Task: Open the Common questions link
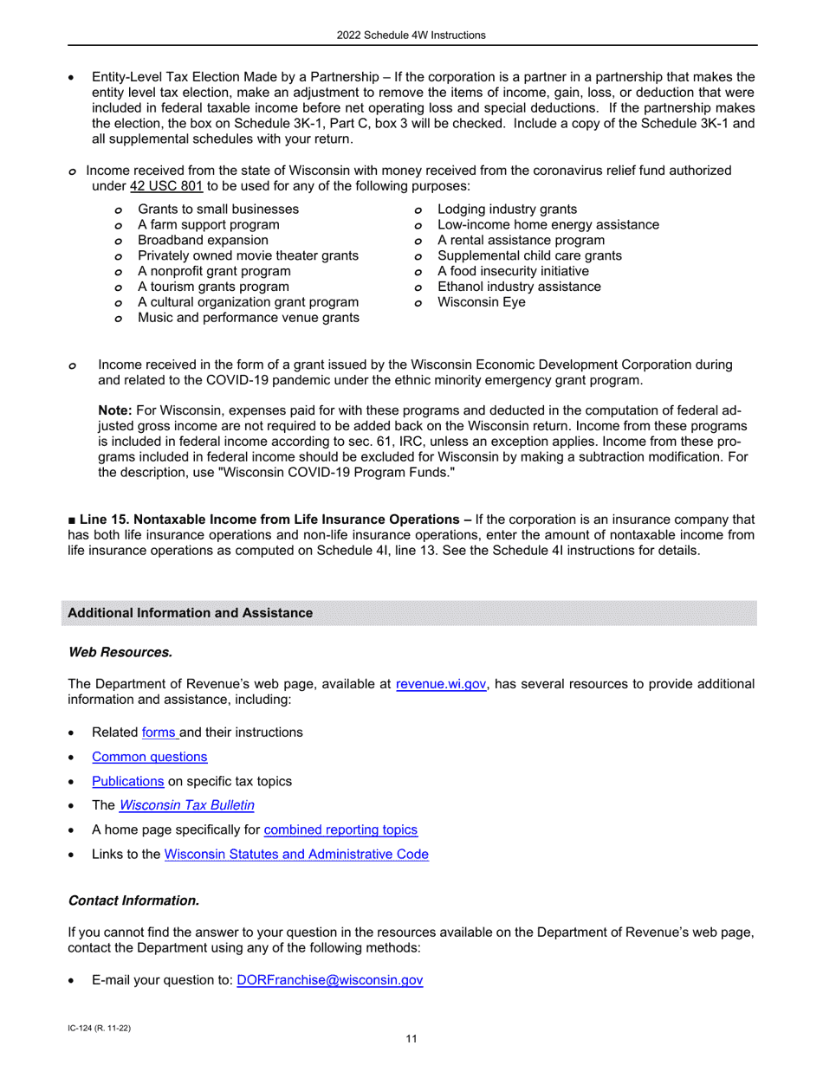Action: coord(149,757)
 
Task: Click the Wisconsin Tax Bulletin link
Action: coord(186,805)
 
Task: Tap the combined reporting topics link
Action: coord(340,829)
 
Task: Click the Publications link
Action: coord(128,781)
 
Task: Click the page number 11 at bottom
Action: coord(411,1039)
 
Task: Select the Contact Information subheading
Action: coord(133,901)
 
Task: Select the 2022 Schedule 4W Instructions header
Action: coord(411,35)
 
